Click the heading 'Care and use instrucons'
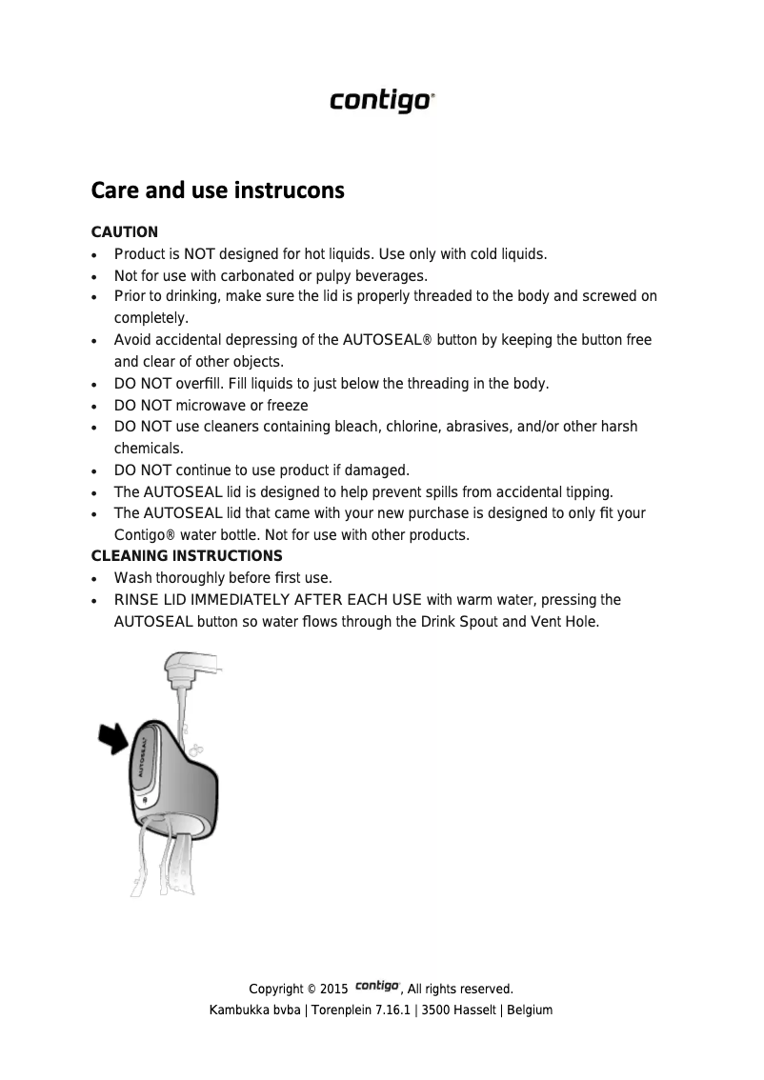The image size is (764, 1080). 217,190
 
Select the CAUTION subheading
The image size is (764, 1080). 124,232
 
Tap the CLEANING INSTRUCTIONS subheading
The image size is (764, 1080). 186,555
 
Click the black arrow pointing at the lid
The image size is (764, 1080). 116,737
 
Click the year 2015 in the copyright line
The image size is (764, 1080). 333,990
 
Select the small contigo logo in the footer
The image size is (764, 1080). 377,987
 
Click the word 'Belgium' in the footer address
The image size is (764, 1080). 530,1010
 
